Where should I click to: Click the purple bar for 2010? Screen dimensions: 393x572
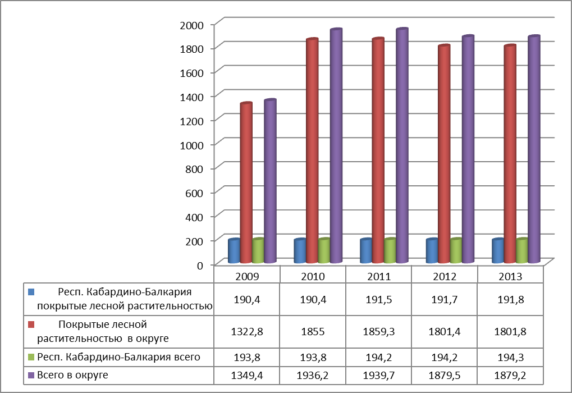pyautogui.click(x=336, y=146)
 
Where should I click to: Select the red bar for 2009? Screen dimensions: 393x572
pyautogui.click(x=246, y=183)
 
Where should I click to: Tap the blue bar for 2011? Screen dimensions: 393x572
pyautogui.click(x=365, y=251)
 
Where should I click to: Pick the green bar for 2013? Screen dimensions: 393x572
pyautogui.click(x=522, y=250)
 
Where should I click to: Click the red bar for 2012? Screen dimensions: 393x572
pyautogui.click(x=443, y=154)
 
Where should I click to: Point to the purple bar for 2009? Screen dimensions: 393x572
pyautogui.click(x=270, y=181)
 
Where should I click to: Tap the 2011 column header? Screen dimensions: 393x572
pyautogui.click(x=379, y=276)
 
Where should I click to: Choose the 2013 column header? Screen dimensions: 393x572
pyautogui.click(x=510, y=276)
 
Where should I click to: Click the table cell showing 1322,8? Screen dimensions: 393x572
pyautogui.click(x=248, y=331)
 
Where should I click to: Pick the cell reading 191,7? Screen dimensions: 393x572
pyautogui.click(x=445, y=299)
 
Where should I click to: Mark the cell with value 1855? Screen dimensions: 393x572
pyautogui.click(x=313, y=331)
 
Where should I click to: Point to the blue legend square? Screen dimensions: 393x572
pyautogui.click(x=31, y=292)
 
